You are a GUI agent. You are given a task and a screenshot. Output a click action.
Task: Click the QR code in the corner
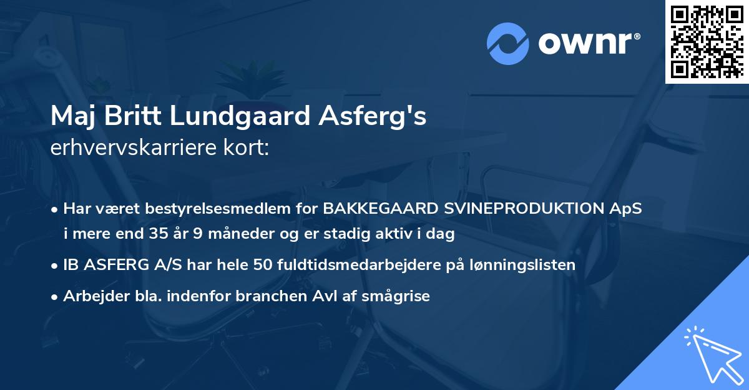pos(707,41)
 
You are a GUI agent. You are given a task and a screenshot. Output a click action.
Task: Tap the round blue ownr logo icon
pos(508,43)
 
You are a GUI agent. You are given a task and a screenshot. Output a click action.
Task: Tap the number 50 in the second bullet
pos(262,265)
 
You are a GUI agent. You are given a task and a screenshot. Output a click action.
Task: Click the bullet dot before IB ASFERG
pos(56,266)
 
